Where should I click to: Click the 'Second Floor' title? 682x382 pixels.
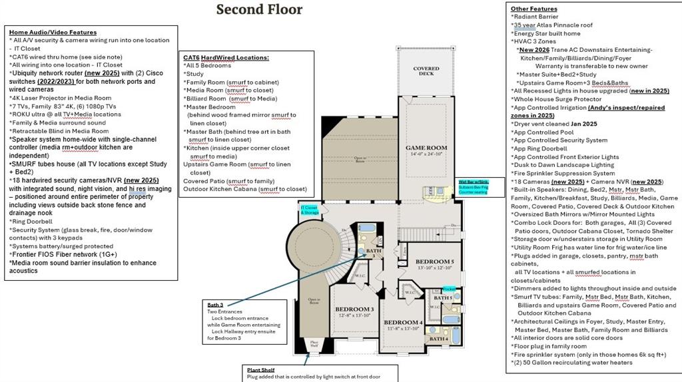[x=259, y=9]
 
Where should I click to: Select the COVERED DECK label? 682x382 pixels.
[x=426, y=71]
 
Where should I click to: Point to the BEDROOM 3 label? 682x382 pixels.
[x=354, y=310]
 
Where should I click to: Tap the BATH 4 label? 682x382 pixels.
[x=438, y=339]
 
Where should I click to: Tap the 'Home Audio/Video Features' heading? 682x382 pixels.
[x=53, y=32]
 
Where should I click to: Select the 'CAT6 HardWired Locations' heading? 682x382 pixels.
[x=226, y=58]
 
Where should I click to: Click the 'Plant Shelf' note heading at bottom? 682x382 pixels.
[x=261, y=370]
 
